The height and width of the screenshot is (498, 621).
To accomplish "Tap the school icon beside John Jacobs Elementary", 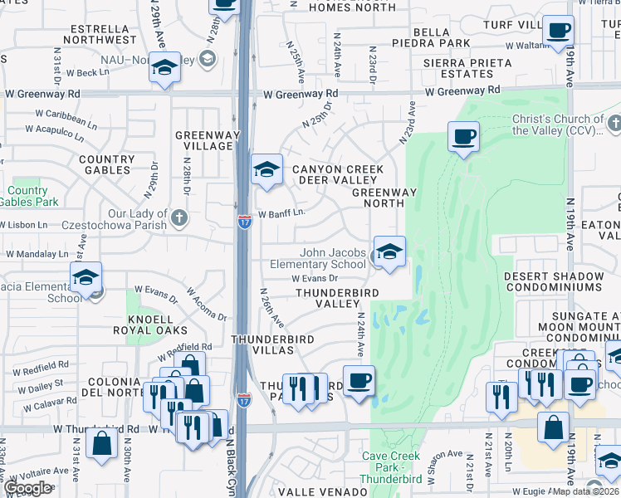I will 389,251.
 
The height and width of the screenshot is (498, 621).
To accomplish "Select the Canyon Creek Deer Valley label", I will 338,174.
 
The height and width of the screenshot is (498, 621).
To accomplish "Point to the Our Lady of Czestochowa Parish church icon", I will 178,217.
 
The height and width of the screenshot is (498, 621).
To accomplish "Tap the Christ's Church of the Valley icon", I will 614,124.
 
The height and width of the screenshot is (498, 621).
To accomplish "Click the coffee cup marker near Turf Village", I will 558,32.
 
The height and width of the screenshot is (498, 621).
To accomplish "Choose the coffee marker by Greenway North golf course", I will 463,136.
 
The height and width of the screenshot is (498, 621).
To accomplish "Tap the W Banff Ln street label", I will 281,213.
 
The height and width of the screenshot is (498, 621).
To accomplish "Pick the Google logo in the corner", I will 27,487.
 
